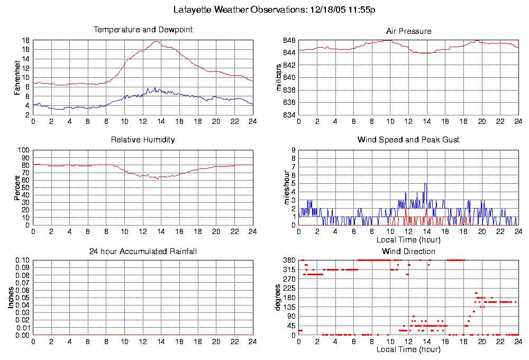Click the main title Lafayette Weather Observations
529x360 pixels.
point(275,10)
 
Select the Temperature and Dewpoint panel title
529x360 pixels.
point(143,30)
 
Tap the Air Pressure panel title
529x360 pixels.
point(409,31)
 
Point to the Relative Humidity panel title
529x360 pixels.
point(143,140)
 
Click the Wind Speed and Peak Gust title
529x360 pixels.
point(408,140)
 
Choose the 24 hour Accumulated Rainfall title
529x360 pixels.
point(143,251)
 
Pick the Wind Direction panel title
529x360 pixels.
point(408,251)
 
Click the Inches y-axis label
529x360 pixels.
point(11,298)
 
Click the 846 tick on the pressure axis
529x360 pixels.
point(289,41)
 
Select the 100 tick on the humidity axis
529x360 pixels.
point(24,150)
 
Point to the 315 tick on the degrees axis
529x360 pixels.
point(289,269)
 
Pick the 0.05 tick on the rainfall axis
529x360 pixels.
point(22,298)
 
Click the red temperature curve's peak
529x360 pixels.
point(157,41)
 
